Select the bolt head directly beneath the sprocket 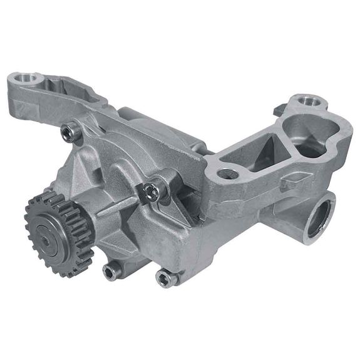click(x=111, y=270)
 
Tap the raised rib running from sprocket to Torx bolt click(x=113, y=210)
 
